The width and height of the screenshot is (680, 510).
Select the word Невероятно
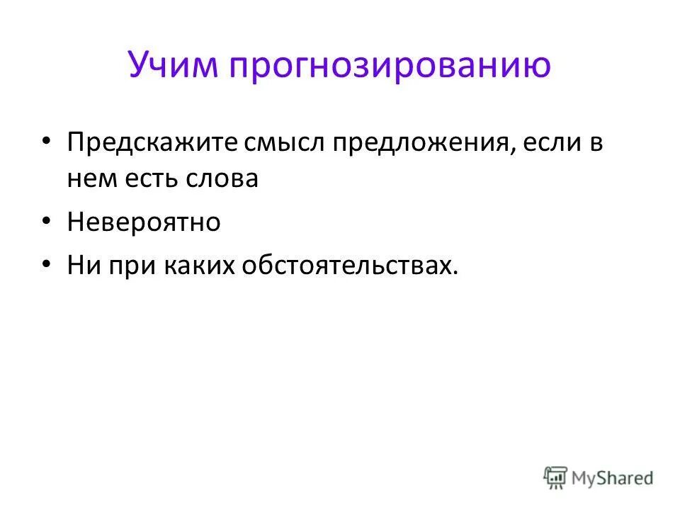coord(144,222)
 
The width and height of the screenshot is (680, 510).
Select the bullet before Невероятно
coord(47,222)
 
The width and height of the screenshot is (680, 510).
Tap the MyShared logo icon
coord(555,477)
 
